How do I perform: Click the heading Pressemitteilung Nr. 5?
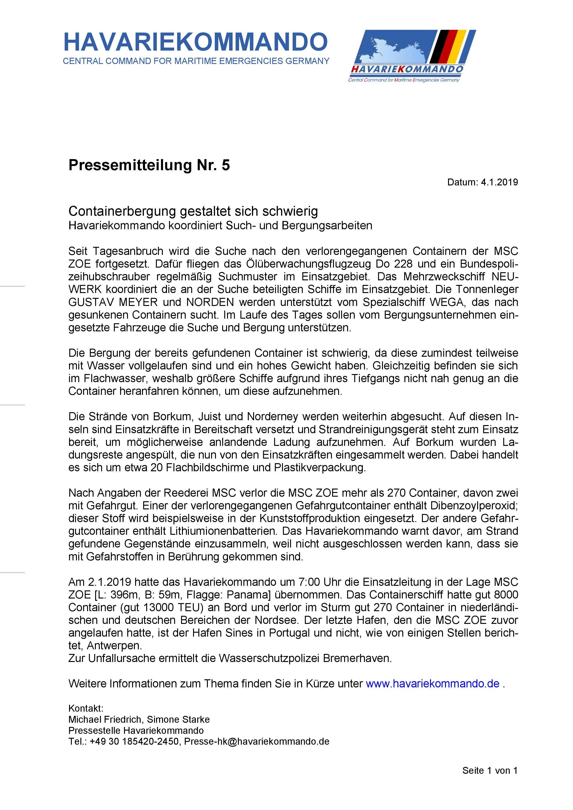pos(149,165)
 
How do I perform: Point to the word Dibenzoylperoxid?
pos(474,505)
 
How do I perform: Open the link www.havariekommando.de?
pos(433,684)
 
